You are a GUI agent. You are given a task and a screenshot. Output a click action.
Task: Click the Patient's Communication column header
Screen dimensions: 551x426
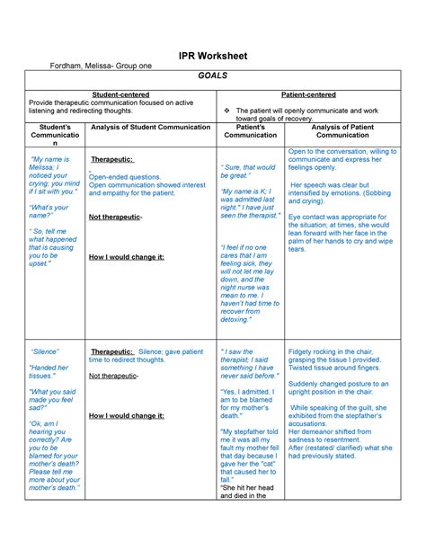(x=250, y=131)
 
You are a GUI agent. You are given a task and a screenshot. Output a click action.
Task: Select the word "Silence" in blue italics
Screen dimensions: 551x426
(x=45, y=351)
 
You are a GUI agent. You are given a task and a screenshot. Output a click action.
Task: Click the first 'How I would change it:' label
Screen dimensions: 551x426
(x=127, y=257)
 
